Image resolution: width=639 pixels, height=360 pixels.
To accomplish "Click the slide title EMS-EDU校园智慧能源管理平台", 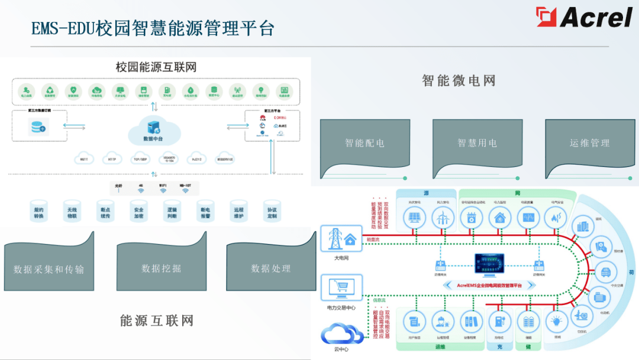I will click(153, 28).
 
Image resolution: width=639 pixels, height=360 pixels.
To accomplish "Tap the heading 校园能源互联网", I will click(156, 67).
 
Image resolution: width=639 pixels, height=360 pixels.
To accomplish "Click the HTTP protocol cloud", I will click(112, 159).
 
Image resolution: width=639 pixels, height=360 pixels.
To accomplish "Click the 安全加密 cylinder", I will click(139, 211).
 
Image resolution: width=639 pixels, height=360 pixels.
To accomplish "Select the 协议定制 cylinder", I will click(272, 211).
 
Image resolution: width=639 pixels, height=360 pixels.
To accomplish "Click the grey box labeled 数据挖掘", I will click(161, 268).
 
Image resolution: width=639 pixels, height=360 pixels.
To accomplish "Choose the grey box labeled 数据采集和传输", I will click(49, 269).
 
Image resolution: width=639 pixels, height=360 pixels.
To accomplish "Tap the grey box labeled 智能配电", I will click(364, 143).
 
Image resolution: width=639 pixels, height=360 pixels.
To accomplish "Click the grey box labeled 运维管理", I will click(589, 143).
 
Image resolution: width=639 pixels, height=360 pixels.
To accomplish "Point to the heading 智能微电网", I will click(459, 81).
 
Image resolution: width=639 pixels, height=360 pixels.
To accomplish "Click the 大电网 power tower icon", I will click(337, 239).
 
